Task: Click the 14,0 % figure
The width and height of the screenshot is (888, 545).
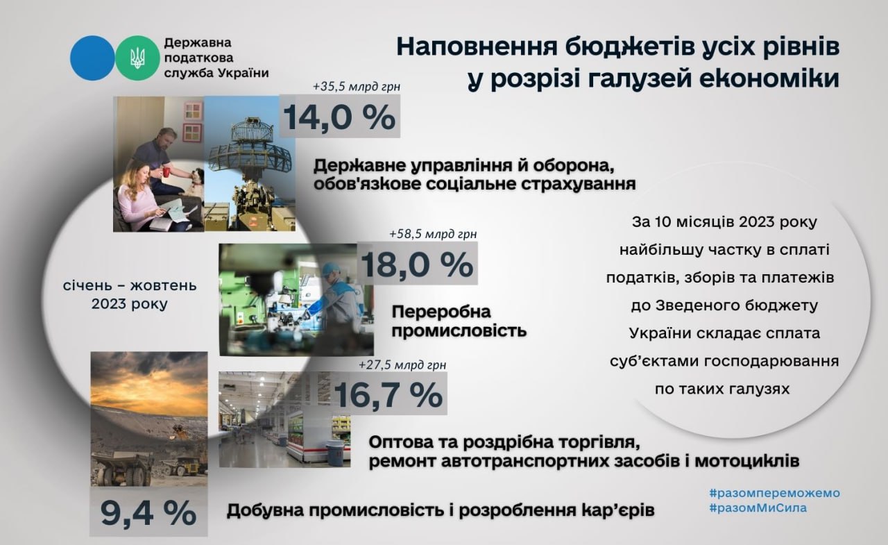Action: [339, 117]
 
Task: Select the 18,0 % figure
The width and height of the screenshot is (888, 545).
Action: [417, 265]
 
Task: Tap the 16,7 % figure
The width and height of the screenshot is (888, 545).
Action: [388, 394]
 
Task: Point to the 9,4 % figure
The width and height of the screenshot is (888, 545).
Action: [148, 513]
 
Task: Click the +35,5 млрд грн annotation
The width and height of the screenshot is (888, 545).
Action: [357, 87]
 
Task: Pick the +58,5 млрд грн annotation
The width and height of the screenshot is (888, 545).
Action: [433, 234]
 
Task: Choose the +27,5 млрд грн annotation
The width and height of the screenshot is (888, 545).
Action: [402, 364]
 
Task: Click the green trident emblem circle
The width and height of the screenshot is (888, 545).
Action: [137, 58]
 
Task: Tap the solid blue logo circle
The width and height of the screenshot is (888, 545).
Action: [93, 58]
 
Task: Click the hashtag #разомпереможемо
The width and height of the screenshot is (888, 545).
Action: [775, 493]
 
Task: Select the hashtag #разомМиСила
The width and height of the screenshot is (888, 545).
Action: [758, 508]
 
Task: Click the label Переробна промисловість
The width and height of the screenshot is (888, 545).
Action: [459, 321]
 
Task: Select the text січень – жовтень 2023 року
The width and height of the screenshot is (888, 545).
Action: [130, 294]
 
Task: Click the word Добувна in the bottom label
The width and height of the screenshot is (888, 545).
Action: [265, 511]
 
